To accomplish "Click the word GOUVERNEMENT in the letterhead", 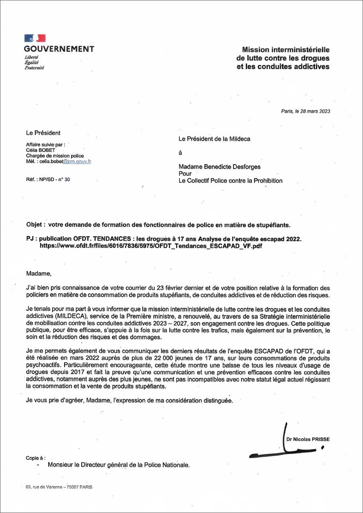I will tap(59, 49).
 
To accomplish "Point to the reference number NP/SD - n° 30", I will tap(47, 180).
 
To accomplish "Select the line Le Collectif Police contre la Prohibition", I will tap(230, 181).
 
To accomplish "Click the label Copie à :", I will tap(35, 458).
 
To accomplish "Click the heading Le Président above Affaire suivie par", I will tap(43, 133).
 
